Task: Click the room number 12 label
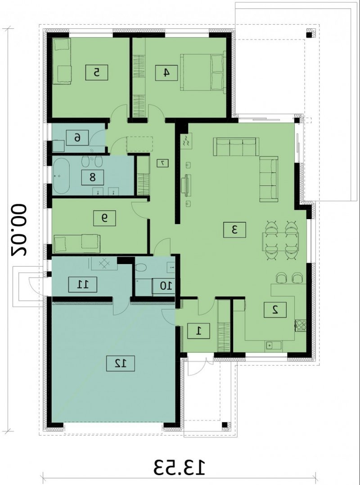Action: pos(121,364)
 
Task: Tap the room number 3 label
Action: pos(234,229)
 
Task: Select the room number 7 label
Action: pos(163,163)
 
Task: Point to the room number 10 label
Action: pos(164,286)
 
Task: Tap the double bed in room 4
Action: pos(202,72)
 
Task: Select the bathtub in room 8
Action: pos(61,175)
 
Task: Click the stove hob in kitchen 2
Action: pos(301,325)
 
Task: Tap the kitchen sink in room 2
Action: pos(272,346)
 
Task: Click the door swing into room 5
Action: pos(119,112)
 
